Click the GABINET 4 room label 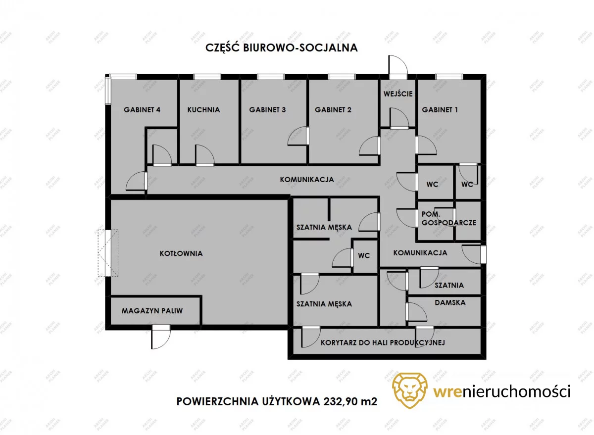(x=142, y=110)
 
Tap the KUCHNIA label (x=203, y=110)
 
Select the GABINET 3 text (x=267, y=110)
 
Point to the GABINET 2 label (x=333, y=110)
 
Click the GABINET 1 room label (x=440, y=110)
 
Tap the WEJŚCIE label (x=398, y=94)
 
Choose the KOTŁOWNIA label (x=181, y=253)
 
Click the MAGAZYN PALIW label (x=152, y=311)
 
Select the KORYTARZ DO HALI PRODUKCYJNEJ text (x=383, y=342)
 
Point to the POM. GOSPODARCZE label (x=449, y=218)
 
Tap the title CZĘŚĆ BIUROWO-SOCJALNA (x=282, y=47)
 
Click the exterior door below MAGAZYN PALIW (x=161, y=337)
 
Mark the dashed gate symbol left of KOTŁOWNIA (x=108, y=253)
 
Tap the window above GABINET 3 (x=271, y=77)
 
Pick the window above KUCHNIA (x=207, y=77)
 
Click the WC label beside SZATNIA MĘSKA (x=364, y=255)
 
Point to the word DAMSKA (x=450, y=302)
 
